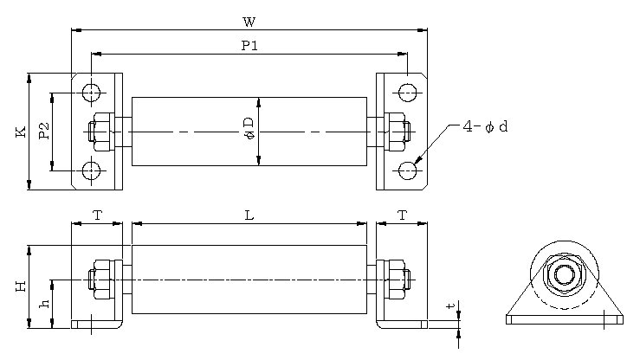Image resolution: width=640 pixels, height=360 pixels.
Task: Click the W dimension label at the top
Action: pos(249,22)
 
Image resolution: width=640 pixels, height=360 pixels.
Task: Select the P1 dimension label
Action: pos(249,45)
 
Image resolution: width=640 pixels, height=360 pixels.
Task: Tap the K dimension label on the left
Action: pos(21,132)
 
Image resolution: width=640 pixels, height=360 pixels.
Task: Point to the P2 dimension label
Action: pos(44,132)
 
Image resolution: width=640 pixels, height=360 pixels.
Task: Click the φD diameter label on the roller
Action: pos(249,128)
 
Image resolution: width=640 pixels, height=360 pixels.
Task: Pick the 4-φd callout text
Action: pos(485,127)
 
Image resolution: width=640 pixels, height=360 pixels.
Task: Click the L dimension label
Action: pos(249,215)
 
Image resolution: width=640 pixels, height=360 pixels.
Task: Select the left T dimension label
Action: pos(98,215)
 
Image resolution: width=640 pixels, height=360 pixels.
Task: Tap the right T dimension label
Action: pos(403,215)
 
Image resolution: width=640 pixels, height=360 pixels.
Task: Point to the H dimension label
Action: pos(21,286)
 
